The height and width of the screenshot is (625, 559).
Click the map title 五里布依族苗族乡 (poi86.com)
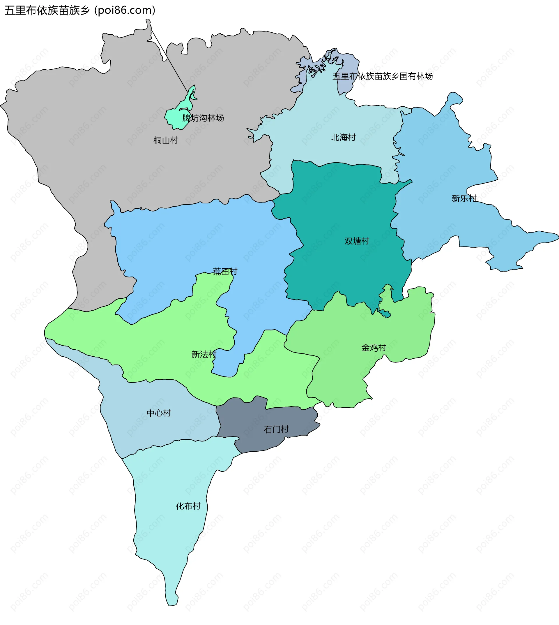coord(80,10)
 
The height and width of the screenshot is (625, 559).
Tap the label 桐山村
coord(166,140)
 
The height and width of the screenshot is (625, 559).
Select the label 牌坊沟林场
coord(203,118)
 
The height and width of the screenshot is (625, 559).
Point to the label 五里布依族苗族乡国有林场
coord(382,76)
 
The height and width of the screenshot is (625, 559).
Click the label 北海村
coord(343,138)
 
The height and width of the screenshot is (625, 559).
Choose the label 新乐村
coord(464,199)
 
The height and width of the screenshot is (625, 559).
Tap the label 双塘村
coord(357,241)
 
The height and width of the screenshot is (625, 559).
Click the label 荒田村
coord(225,272)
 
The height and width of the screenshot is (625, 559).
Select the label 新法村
coord(204,355)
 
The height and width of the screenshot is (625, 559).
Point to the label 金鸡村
coord(374,348)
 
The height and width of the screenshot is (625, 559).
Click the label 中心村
coord(159,413)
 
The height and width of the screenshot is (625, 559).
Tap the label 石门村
coord(276,429)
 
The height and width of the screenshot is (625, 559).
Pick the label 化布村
coord(188,506)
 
